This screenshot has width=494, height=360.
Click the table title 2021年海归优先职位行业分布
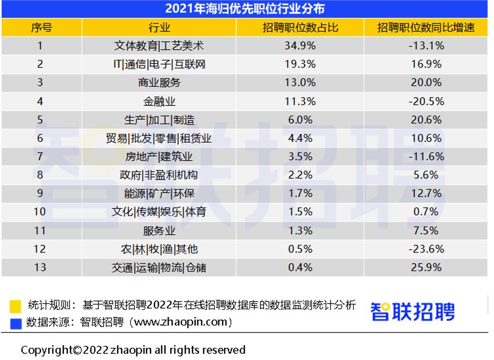pyautogui.click(x=245, y=9)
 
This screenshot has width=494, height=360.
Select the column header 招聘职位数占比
pyautogui.click(x=300, y=27)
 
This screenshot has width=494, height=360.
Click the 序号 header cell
pyautogui.click(x=41, y=27)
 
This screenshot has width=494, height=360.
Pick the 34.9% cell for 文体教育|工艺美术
pyautogui.click(x=300, y=46)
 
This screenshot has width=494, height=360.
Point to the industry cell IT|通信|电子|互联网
pyautogui.click(x=159, y=64)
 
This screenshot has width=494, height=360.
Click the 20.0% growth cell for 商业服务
pyautogui.click(x=426, y=83)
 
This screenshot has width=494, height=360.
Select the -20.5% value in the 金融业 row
pyautogui.click(x=426, y=101)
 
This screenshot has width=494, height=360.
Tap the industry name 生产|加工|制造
pyautogui.click(x=159, y=120)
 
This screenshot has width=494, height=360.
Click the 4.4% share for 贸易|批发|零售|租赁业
pyautogui.click(x=300, y=138)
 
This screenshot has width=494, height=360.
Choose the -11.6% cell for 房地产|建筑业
pyautogui.click(x=426, y=156)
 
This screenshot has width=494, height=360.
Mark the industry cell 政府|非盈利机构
pyautogui.click(x=159, y=175)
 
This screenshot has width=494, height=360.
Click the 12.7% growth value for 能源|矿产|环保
pyautogui.click(x=426, y=193)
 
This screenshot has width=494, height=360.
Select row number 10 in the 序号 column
pyautogui.click(x=40, y=212)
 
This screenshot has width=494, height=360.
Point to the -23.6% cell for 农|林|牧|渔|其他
pyautogui.click(x=426, y=249)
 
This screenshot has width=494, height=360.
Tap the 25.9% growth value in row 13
pyautogui.click(x=426, y=267)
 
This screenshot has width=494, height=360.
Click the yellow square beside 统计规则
pyautogui.click(x=16, y=306)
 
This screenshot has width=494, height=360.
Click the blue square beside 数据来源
pyautogui.click(x=16, y=323)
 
